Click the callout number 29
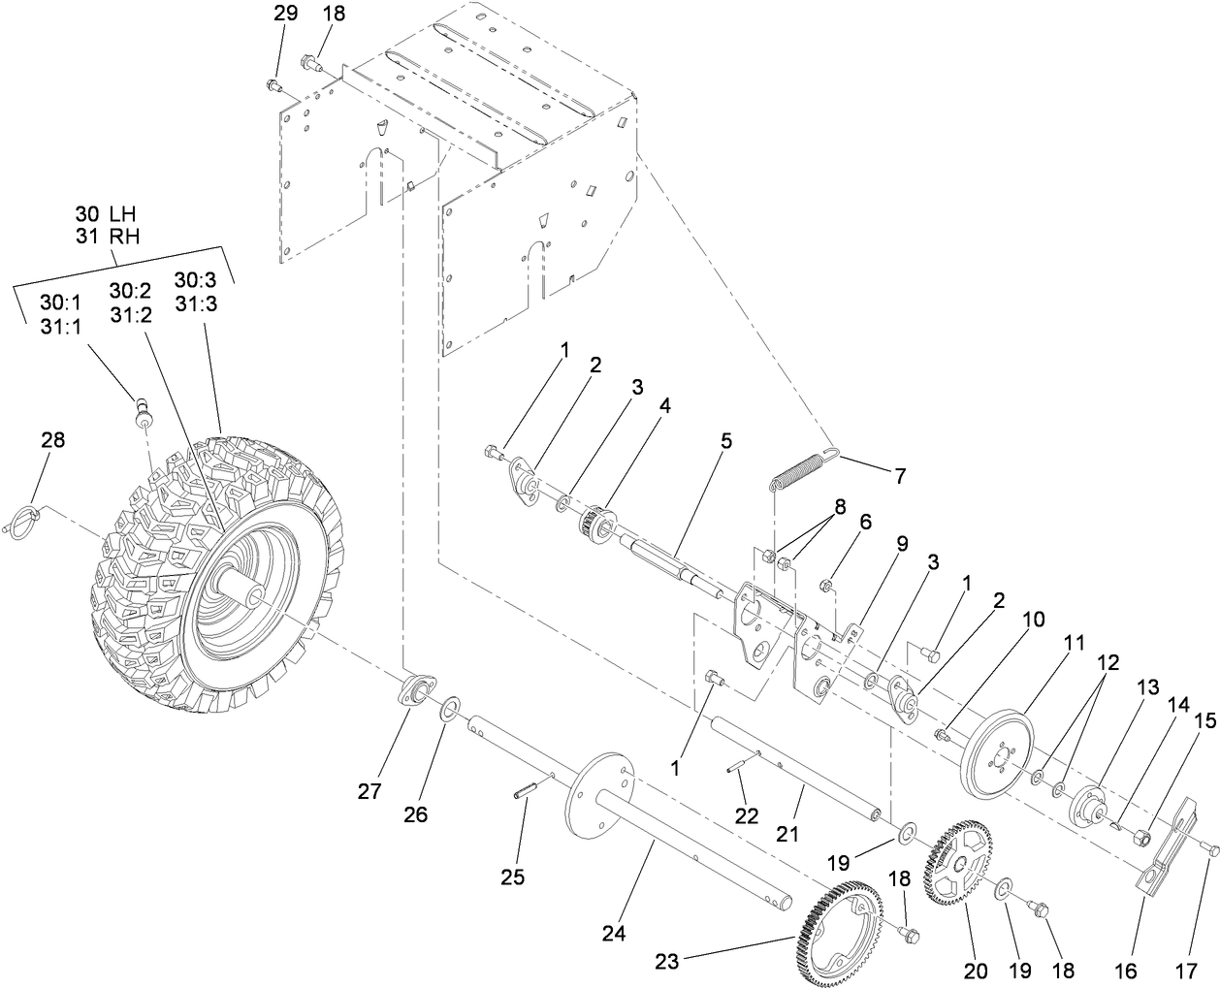[280, 14]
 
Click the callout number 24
[613, 934]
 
